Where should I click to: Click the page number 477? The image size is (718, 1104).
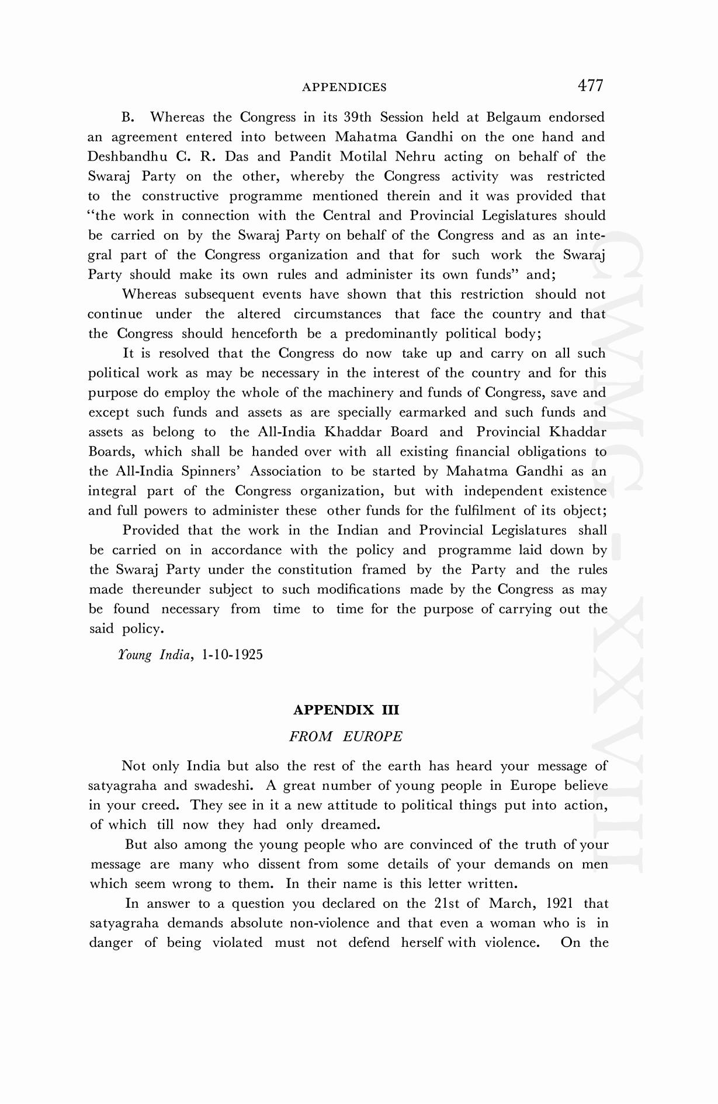click(x=590, y=86)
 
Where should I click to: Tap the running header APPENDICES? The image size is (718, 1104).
click(x=344, y=88)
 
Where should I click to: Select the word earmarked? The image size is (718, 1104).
click(x=432, y=413)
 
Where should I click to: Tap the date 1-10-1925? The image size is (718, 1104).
click(x=232, y=655)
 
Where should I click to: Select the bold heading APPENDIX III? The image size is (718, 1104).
click(x=346, y=710)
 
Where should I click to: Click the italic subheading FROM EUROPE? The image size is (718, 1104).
click(x=346, y=737)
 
